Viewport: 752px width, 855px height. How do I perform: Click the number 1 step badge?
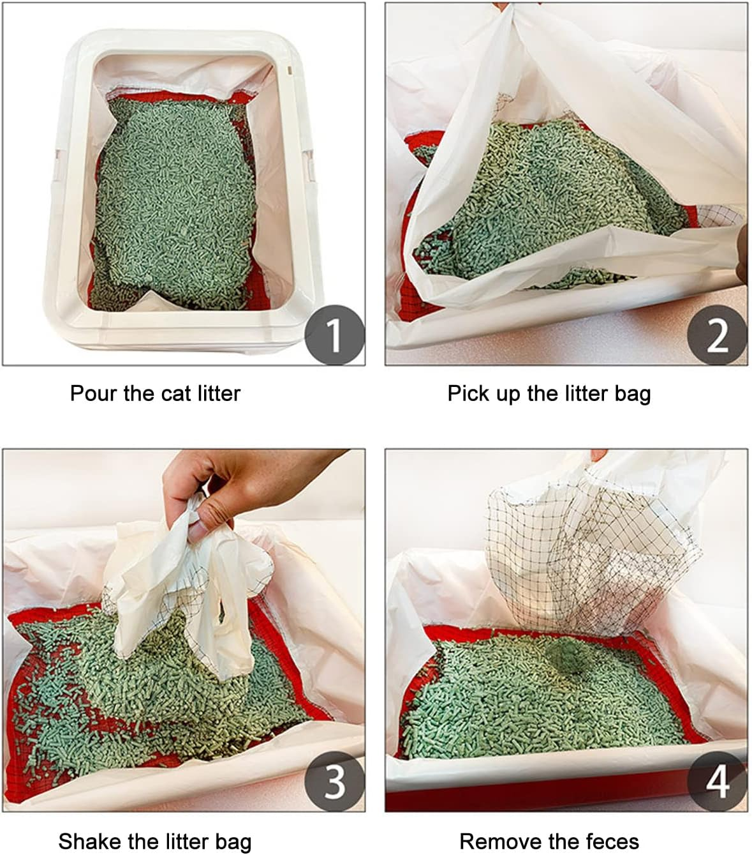pos(334,335)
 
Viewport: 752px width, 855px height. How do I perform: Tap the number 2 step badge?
pos(717,335)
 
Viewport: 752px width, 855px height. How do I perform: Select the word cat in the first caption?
pos(175,393)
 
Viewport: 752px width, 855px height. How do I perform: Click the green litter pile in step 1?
pos(172,204)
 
